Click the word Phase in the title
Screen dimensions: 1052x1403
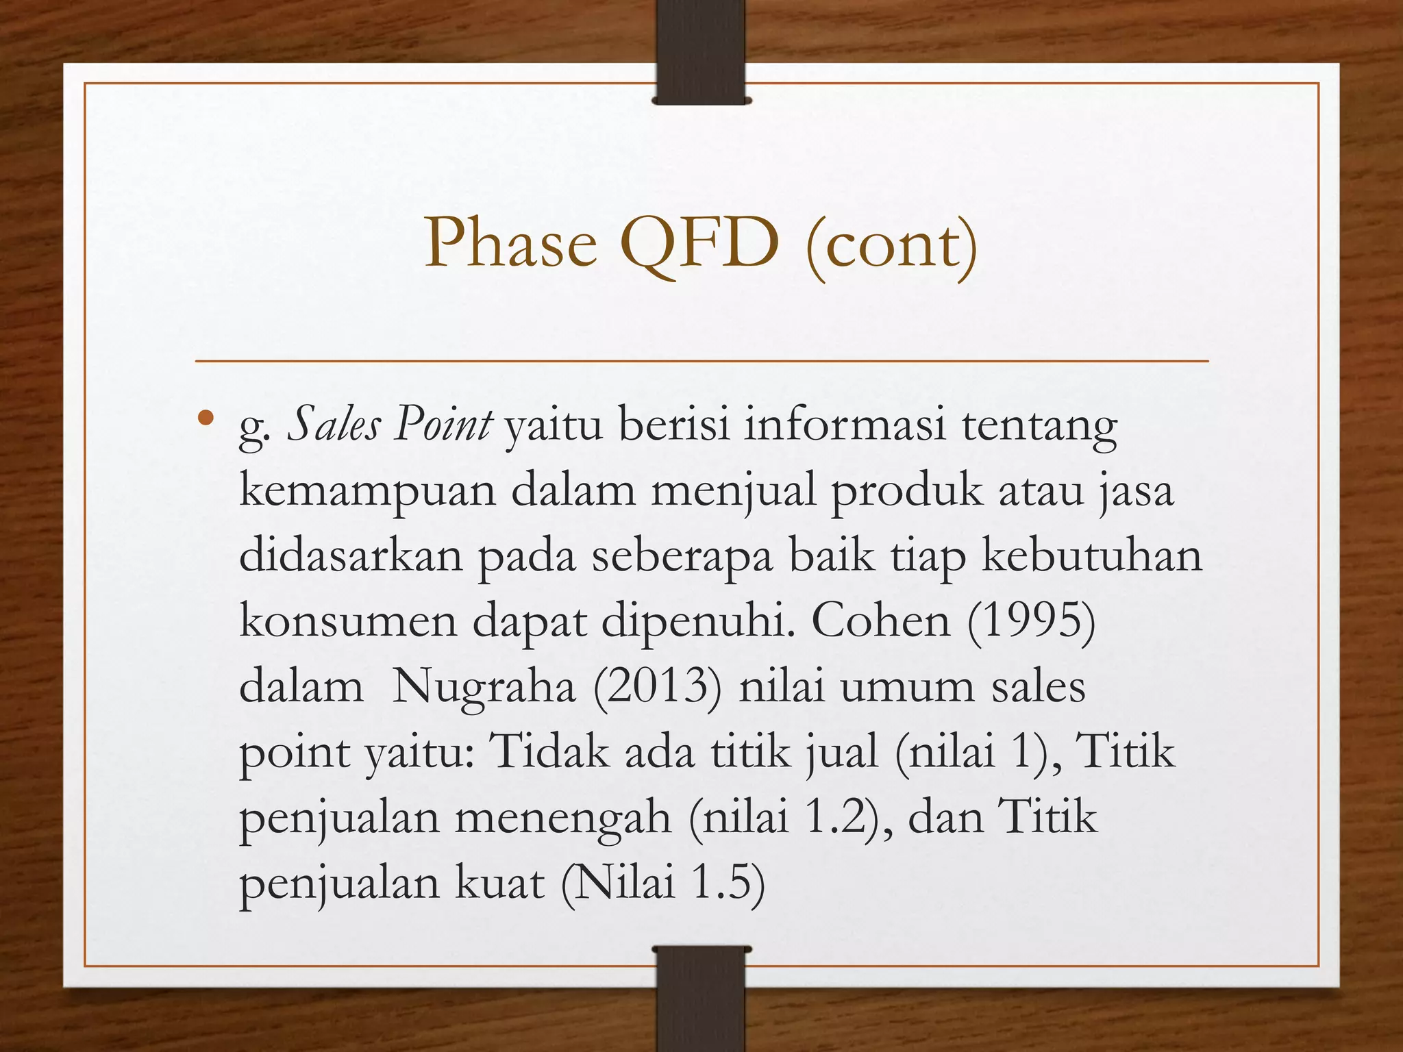pos(511,244)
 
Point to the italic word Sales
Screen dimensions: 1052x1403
pos(334,425)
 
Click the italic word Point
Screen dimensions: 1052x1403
pos(443,425)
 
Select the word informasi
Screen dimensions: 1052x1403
pos(845,425)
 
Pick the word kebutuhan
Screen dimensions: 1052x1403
pos(1092,556)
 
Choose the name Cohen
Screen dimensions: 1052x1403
pos(881,621)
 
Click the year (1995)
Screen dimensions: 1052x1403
pos(1031,621)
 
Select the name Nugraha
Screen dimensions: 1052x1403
pos(483,687)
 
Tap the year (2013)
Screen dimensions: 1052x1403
pos(658,687)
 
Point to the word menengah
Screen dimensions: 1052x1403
pos(562,818)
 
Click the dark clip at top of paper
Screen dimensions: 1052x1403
pos(701,51)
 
